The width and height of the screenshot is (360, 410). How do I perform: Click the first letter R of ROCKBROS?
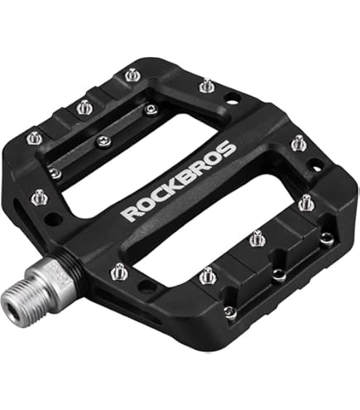click(130, 213)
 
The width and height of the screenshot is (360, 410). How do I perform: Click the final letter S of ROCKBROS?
click(227, 149)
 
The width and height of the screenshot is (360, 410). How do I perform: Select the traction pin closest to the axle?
click(119, 272)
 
